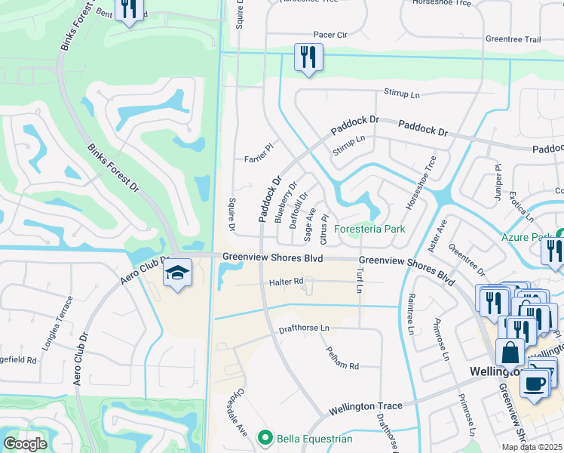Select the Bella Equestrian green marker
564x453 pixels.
(x=265, y=437)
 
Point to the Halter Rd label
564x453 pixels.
(x=286, y=282)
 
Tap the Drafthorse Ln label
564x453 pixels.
(x=305, y=328)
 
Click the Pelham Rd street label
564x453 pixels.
(x=342, y=357)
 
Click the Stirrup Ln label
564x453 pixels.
(x=402, y=94)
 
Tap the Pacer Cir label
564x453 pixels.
(x=330, y=35)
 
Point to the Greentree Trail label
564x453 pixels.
(x=513, y=39)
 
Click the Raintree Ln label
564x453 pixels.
(x=411, y=314)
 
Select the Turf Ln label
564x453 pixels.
(x=360, y=279)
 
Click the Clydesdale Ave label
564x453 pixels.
(x=240, y=414)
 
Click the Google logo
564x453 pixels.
(x=25, y=444)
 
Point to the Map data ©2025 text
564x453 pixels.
(x=532, y=447)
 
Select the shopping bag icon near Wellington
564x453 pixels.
(x=510, y=353)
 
